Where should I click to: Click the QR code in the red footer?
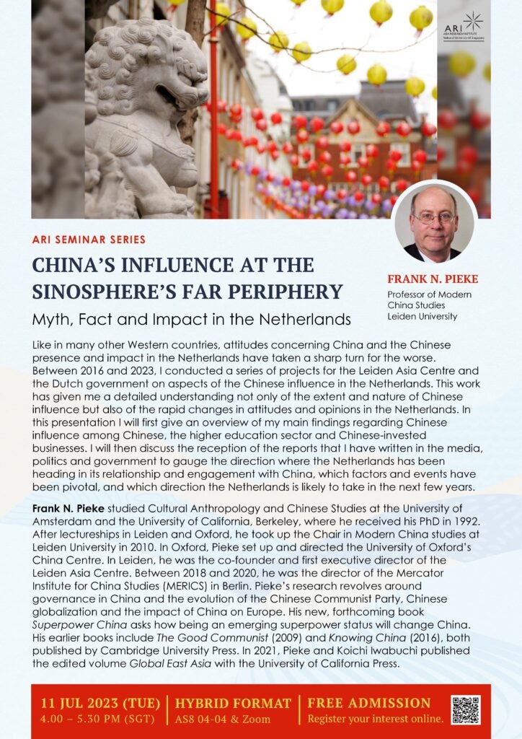point(465,710)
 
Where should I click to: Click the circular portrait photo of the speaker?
point(435,222)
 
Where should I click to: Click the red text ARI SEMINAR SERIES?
point(89,239)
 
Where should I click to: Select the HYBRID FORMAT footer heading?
point(233,703)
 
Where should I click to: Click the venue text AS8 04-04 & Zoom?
point(223,719)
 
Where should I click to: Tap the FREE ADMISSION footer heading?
point(368,703)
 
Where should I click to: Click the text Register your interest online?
point(375,719)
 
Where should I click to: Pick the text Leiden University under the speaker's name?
point(423,316)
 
